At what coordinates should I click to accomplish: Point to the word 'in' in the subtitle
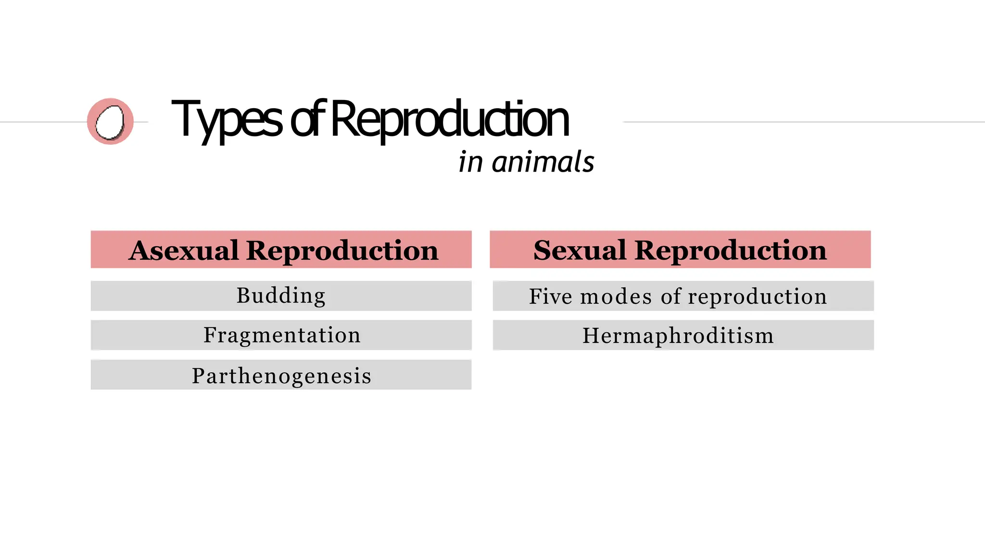click(470, 162)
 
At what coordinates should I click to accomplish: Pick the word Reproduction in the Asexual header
click(342, 250)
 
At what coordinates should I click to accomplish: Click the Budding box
click(281, 296)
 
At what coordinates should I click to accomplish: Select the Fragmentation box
click(281, 335)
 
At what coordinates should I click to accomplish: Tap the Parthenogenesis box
click(281, 375)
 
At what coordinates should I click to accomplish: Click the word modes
click(616, 296)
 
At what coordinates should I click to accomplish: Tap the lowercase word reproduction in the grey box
click(757, 296)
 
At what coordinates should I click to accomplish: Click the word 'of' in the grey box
click(671, 296)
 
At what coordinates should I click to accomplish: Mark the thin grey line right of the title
click(803, 122)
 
